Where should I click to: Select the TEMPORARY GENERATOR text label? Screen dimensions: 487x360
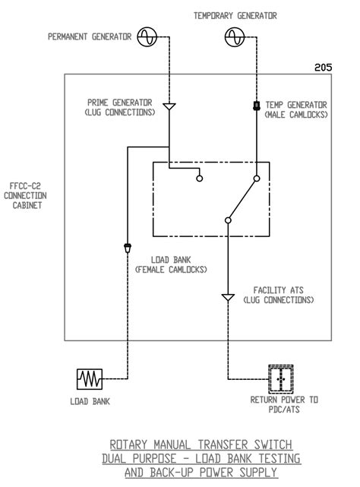click(x=235, y=15)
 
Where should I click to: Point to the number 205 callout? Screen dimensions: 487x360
click(x=323, y=67)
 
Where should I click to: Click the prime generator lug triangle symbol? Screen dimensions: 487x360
click(x=169, y=106)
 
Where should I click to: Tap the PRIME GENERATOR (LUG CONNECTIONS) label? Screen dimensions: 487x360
click(x=120, y=108)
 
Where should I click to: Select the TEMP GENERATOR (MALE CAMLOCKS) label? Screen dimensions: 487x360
click(x=296, y=109)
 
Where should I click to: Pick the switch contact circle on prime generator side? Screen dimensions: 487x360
click(x=200, y=179)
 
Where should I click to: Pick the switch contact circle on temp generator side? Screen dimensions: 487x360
click(x=257, y=179)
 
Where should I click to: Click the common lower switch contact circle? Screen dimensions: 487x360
click(x=227, y=220)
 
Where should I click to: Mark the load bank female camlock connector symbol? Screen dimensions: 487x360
click(x=127, y=247)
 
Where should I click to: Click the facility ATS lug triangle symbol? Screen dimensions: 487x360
click(x=227, y=297)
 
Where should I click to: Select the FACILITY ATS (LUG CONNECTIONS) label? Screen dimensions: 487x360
click(x=278, y=295)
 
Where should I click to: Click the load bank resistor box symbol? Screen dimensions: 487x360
click(x=90, y=378)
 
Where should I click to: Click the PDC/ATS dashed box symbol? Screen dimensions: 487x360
click(x=280, y=378)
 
